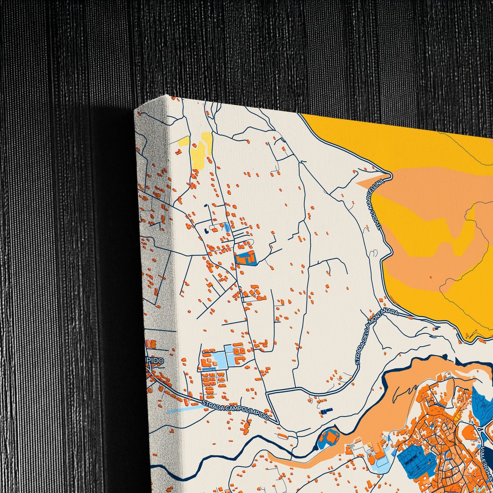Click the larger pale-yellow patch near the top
201,150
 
